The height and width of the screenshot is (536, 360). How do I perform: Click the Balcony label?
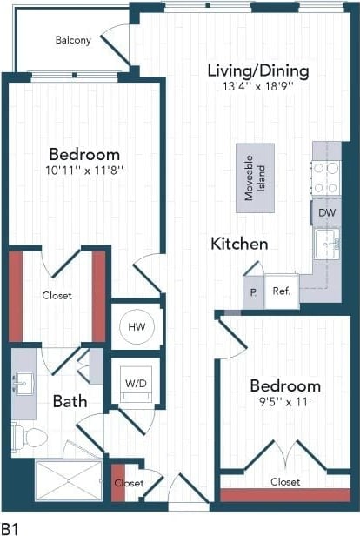pos(73,40)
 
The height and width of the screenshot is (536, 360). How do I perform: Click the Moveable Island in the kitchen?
pos(255,178)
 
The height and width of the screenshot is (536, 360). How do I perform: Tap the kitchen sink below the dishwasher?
pos(328,244)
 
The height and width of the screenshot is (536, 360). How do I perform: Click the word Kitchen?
pos(239,245)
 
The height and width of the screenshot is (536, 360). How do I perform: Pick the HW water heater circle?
pos(137,327)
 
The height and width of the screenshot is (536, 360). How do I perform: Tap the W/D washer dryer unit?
pos(137,383)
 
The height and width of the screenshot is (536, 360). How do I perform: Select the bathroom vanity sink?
pos(23,384)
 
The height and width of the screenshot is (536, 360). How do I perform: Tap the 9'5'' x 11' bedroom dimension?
pos(285,402)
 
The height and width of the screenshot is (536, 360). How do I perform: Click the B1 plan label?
pos(10,527)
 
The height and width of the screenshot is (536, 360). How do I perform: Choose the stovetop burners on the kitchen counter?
pos(326,178)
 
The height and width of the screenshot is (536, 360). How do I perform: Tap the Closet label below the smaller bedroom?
pos(285,481)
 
